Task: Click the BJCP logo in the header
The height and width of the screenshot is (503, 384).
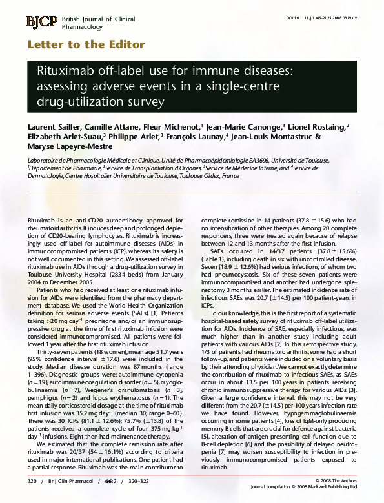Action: (41, 22)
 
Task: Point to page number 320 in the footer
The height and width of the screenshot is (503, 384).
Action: (32, 482)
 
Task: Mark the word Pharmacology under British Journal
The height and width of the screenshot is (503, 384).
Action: (82, 28)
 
